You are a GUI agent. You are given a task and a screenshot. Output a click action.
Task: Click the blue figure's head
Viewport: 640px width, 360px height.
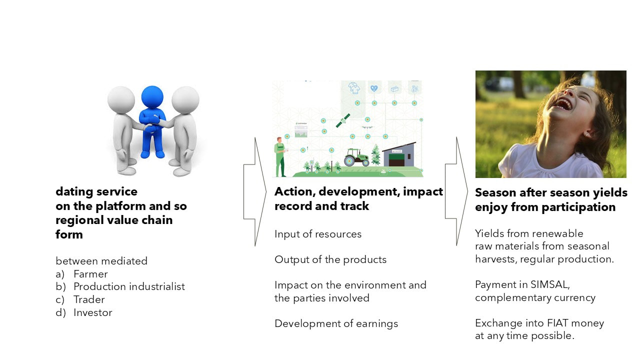pos(152,97)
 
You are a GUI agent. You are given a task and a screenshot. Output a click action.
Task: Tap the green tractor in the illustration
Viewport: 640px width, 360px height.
pos(356,157)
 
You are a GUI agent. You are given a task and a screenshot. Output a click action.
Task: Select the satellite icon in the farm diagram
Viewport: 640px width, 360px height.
pos(343,120)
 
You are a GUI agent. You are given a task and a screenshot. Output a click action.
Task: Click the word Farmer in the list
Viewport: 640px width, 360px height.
pos(90,274)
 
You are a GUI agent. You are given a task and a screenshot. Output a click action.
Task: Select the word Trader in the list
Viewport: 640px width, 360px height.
pos(89,299)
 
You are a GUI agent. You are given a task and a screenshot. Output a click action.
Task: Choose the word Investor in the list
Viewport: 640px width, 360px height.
pos(93,312)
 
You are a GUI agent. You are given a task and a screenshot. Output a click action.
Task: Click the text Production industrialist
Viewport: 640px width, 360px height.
pos(129,286)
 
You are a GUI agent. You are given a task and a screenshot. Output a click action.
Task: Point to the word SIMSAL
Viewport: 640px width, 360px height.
pos(550,284)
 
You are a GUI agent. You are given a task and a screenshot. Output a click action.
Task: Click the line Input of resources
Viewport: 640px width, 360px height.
pos(318,234)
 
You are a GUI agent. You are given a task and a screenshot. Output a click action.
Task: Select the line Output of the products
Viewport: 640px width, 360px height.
pos(330,259)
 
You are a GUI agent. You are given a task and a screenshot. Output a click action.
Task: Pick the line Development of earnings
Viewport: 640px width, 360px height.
pos(336,323)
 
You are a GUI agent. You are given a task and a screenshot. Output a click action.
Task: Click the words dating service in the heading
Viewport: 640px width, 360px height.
pos(96,191)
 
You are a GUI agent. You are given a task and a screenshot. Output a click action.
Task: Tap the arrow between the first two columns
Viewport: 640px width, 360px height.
pos(255,191)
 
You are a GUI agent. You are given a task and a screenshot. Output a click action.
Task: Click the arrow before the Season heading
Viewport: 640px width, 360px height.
pos(456,191)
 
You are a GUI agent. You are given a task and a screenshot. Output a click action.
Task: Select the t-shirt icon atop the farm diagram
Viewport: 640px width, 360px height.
pos(354,87)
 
